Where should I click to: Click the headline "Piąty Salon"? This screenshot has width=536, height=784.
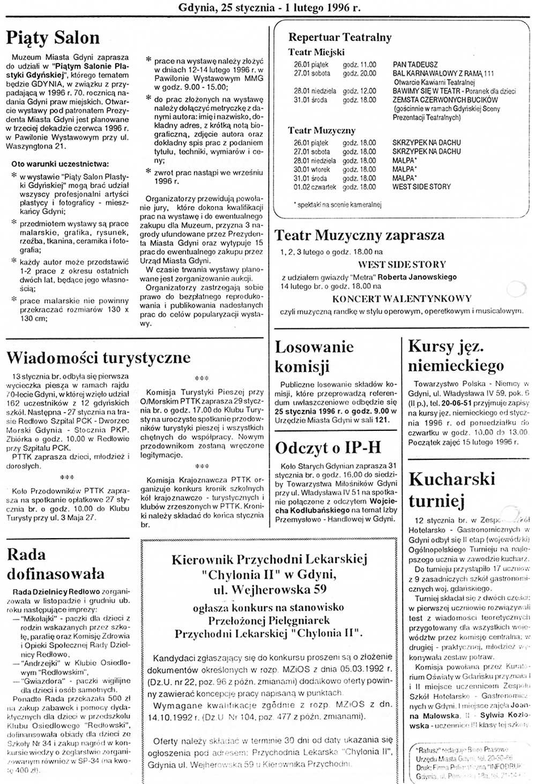[53, 38]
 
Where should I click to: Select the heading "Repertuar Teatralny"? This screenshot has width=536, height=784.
[340, 37]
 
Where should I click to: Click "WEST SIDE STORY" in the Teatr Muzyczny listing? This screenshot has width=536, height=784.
[421, 187]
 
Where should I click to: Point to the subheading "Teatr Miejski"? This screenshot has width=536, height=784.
[316, 52]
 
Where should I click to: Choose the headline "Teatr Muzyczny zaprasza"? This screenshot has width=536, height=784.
[360, 235]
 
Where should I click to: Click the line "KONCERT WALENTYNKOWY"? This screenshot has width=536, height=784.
[401, 298]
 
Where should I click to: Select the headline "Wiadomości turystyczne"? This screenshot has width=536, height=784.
[98, 357]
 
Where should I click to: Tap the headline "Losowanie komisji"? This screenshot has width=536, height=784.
[314, 356]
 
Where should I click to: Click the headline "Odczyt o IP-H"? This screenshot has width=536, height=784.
[328, 448]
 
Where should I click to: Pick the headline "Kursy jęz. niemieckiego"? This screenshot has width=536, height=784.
[456, 356]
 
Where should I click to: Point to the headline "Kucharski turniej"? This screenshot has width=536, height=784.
[451, 489]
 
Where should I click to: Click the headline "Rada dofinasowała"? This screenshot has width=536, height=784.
[55, 563]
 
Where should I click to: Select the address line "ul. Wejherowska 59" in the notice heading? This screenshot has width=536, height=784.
[269, 589]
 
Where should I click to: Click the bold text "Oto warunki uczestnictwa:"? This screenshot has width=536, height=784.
[59, 164]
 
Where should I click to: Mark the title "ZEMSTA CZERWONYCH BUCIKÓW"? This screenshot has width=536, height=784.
[445, 100]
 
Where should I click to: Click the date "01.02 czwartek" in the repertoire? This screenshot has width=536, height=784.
[315, 187]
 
